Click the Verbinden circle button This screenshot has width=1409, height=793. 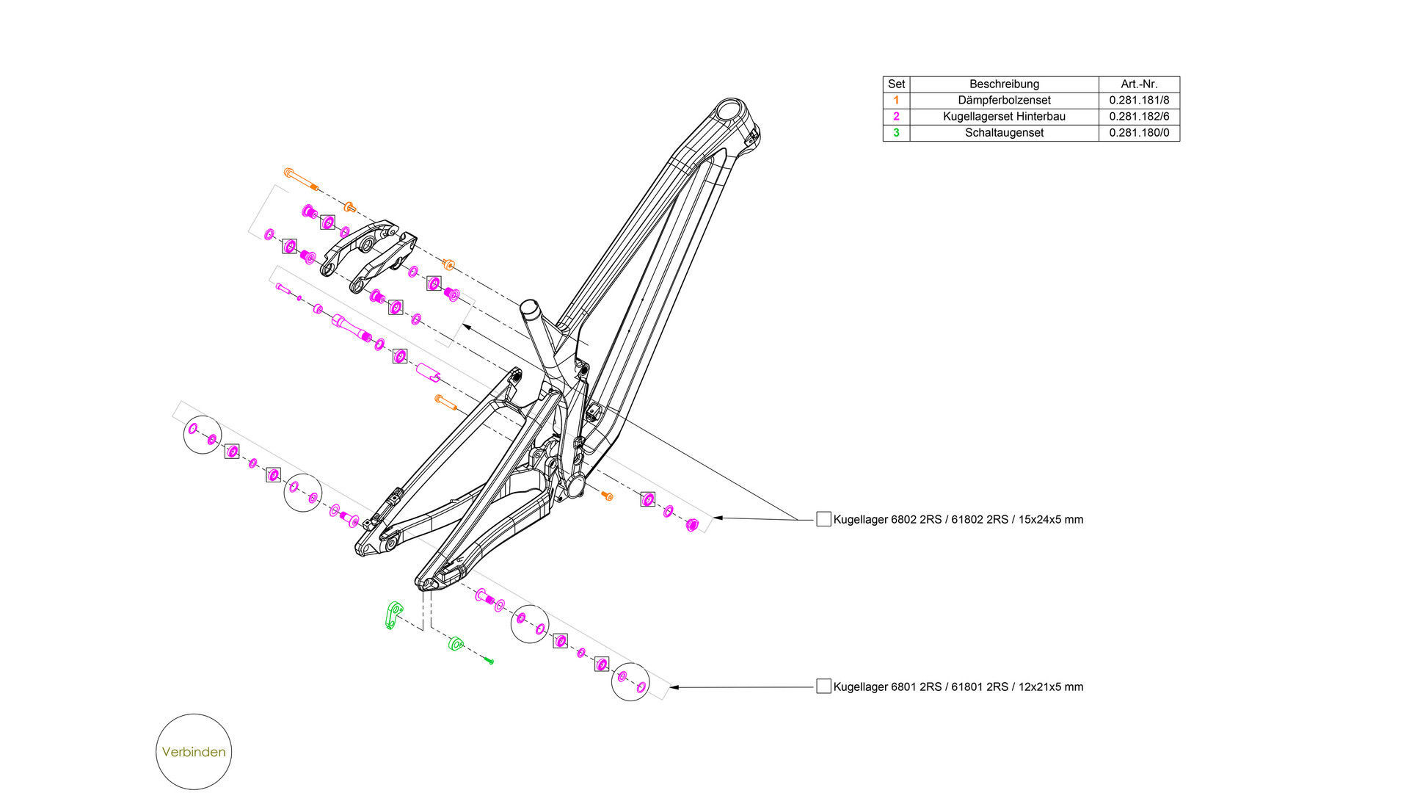click(194, 752)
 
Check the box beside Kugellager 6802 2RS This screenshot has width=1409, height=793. click(823, 519)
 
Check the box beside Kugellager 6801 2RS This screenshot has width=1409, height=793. click(823, 687)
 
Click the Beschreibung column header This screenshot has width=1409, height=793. click(1004, 84)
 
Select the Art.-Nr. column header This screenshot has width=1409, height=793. click(1139, 84)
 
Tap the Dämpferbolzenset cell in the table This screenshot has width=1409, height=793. click(1004, 100)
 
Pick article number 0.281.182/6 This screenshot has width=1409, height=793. click(1139, 116)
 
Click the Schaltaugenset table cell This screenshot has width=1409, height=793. click(1004, 133)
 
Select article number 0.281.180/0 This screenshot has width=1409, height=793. click(1139, 133)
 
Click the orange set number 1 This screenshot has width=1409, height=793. click(896, 100)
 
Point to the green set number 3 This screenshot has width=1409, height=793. click(896, 133)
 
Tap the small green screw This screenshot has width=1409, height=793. click(489, 661)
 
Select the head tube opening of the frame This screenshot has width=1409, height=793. click(730, 112)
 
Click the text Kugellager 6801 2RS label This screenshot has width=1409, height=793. click(958, 687)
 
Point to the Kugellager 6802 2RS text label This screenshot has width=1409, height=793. click(958, 519)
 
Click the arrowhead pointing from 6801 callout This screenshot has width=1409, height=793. click(674, 687)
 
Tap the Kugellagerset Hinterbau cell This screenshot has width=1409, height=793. click(1004, 116)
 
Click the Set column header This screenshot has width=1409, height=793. click(896, 84)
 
